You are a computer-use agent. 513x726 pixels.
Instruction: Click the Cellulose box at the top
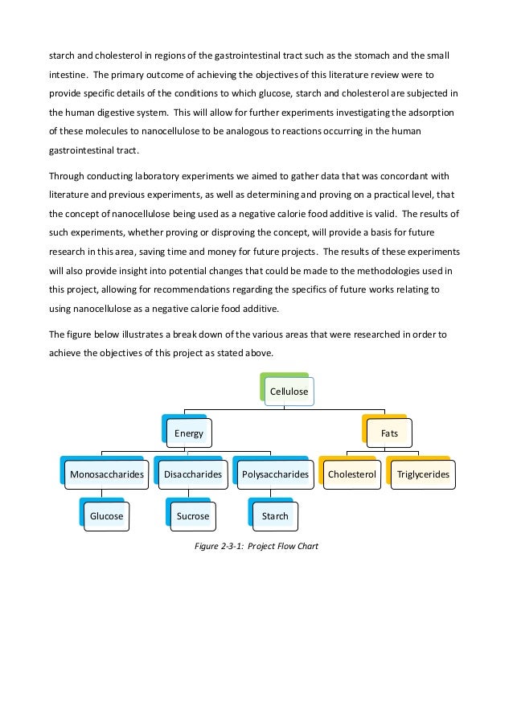(x=288, y=392)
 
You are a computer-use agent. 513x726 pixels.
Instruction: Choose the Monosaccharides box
(x=107, y=474)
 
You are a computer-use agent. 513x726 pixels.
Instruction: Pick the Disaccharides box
(x=192, y=474)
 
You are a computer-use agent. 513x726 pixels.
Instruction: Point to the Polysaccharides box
(x=275, y=474)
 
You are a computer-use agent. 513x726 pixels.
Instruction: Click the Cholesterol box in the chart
(x=351, y=474)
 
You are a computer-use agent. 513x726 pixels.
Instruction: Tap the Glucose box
(x=106, y=515)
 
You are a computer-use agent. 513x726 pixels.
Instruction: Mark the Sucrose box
(x=192, y=515)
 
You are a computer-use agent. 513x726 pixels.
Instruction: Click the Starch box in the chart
(x=275, y=515)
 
